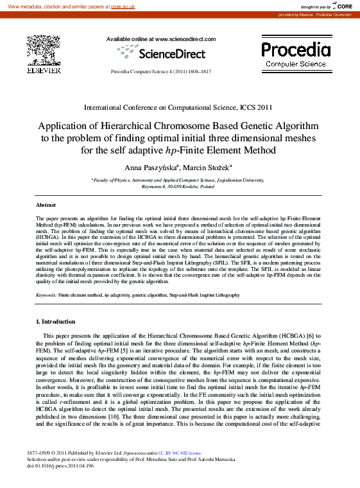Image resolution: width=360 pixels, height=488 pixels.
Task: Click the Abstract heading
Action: (x=46, y=205)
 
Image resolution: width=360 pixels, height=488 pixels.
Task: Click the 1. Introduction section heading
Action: (x=55, y=322)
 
